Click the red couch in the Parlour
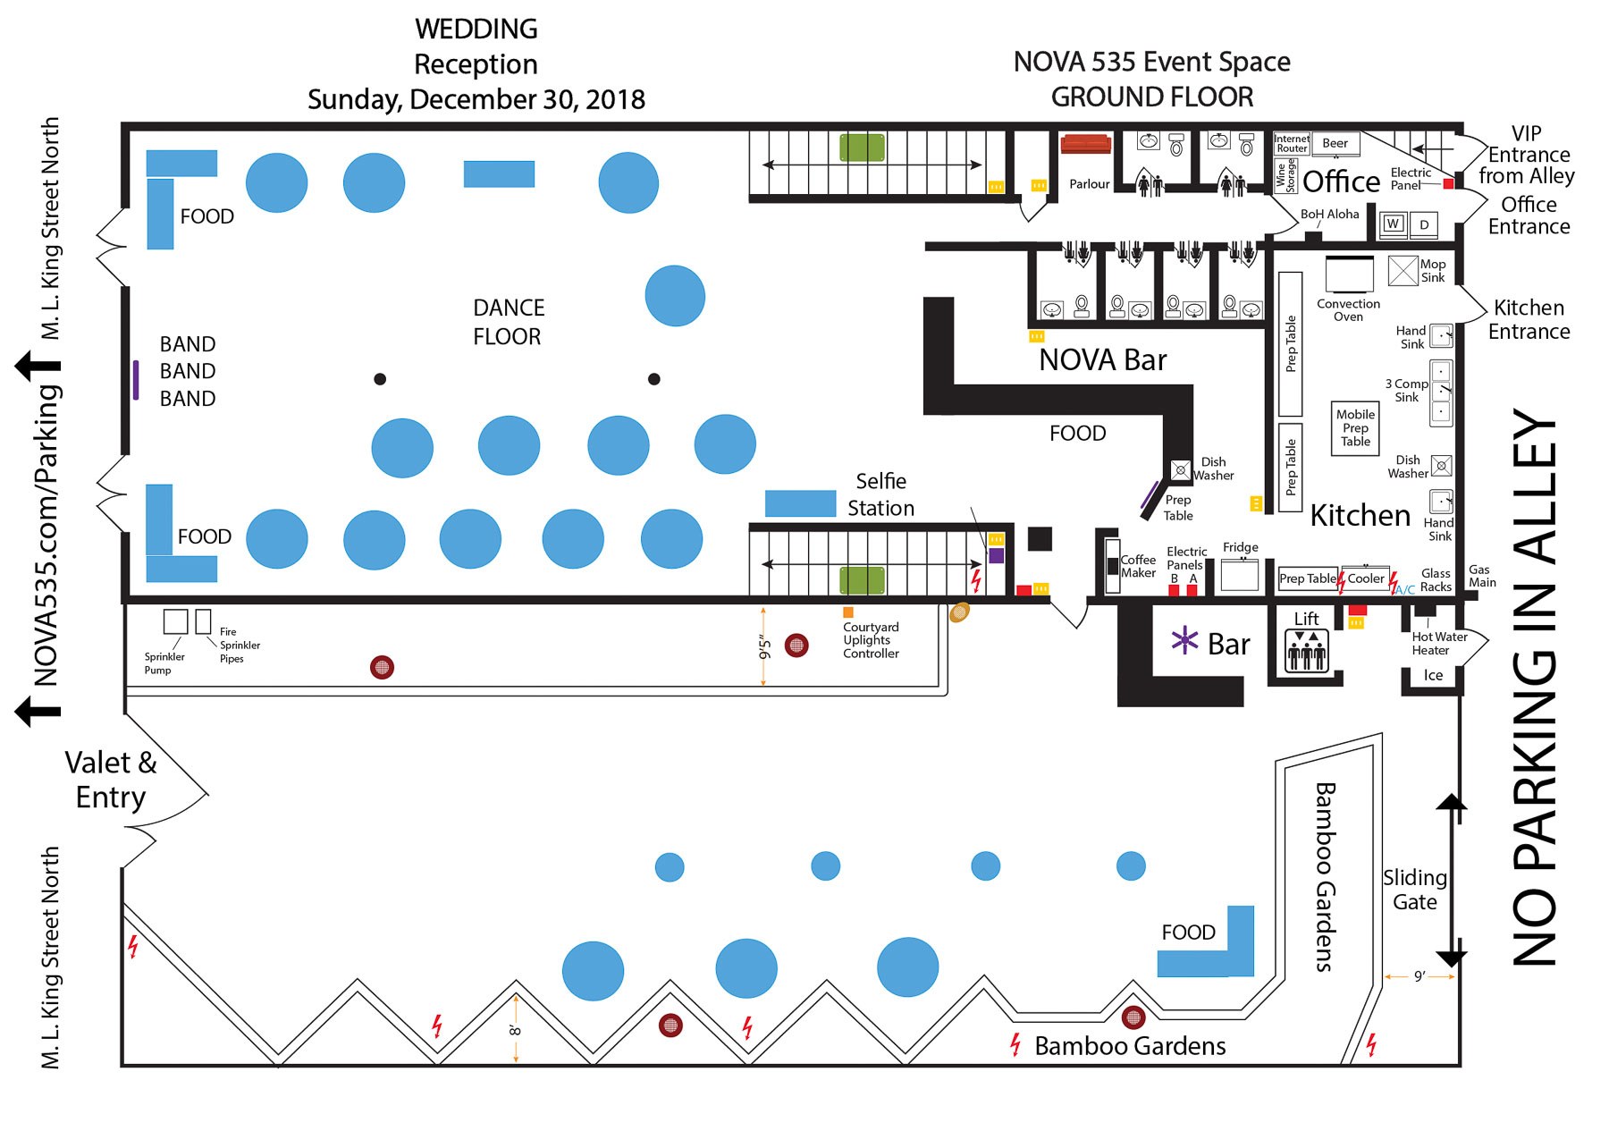click(1084, 144)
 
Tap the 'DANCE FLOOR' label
click(508, 322)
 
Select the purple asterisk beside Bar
click(1184, 640)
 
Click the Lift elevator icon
click(1306, 650)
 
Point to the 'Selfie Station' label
click(880, 494)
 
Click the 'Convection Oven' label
click(1348, 310)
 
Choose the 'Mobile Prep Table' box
click(1355, 428)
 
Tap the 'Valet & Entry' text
click(111, 780)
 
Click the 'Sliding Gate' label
click(1414, 890)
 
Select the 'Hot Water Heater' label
click(1439, 644)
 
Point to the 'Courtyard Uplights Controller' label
click(871, 640)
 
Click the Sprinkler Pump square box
click(175, 621)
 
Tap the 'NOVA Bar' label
click(1102, 359)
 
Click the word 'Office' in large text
click(1341, 181)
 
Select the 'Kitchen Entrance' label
click(1529, 319)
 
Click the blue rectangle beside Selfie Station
click(800, 503)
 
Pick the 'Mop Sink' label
click(1432, 271)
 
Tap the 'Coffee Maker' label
click(1138, 566)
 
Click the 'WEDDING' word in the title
click(476, 29)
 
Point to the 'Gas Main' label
click(1481, 576)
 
